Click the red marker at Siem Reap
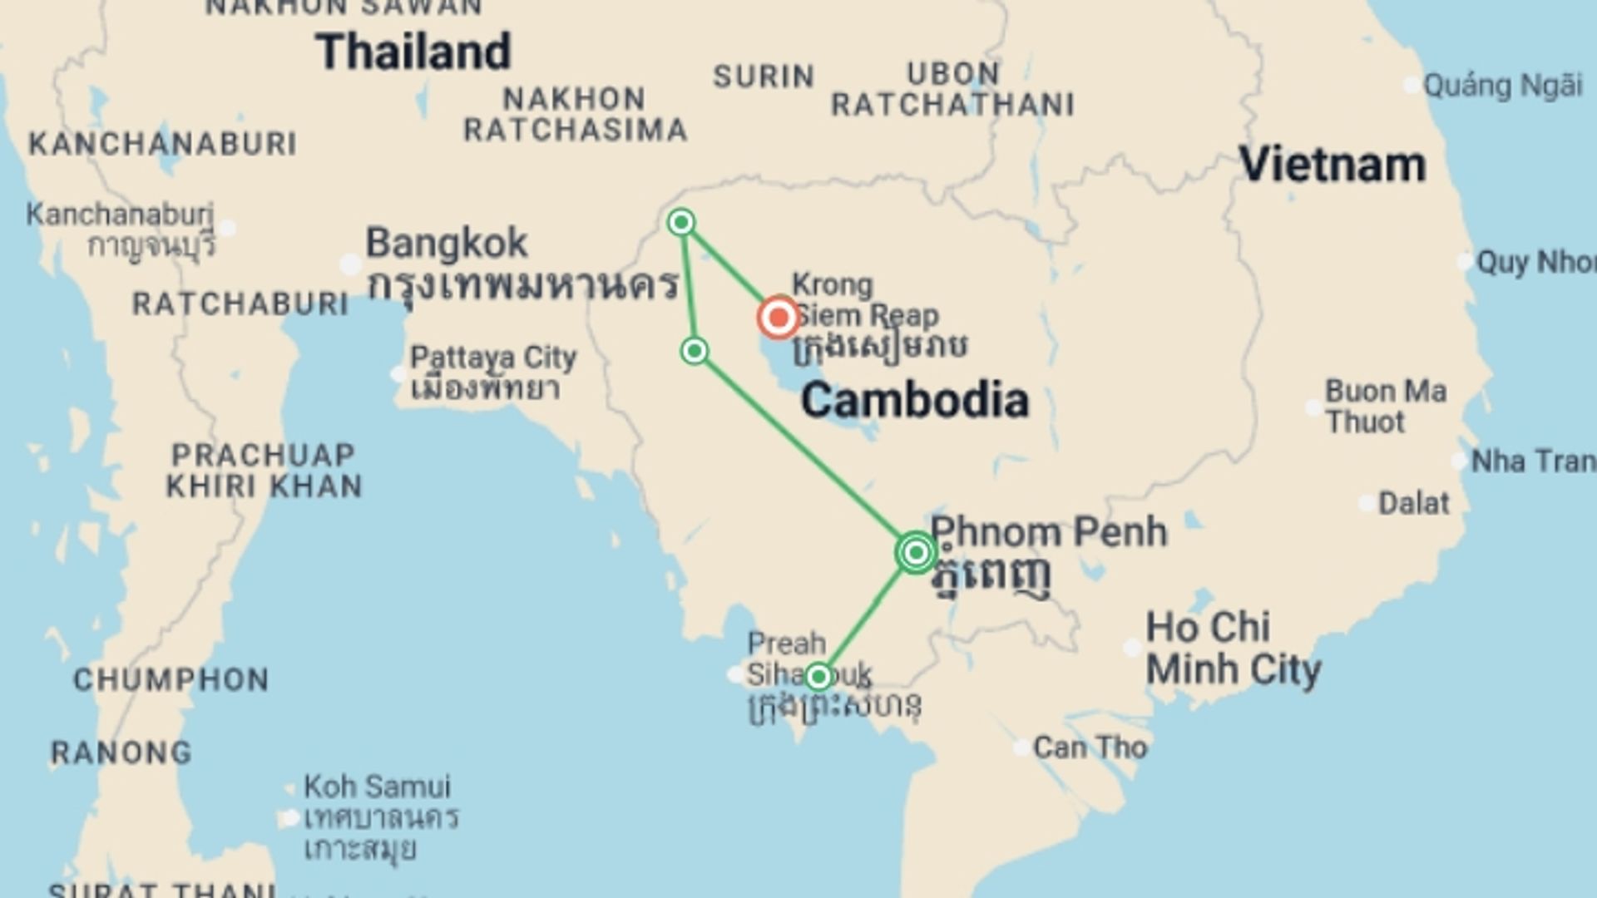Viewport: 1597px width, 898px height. pos(779,317)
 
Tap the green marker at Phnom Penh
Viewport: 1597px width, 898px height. pos(916,552)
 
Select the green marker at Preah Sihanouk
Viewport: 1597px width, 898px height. pos(818,677)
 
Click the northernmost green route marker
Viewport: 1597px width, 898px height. pos(681,222)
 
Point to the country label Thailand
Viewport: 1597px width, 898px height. pos(413,52)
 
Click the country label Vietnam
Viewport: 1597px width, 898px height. pos(1332,164)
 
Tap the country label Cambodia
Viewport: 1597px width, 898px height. pos(915,400)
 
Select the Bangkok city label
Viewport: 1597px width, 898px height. pos(447,244)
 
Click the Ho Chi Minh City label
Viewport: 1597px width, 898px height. pos(1233,649)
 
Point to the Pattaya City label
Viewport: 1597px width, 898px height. pos(493,358)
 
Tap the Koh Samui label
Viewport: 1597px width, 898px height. pos(377,787)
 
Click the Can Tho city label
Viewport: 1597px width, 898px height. pos(1090,748)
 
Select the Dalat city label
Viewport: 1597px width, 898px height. pos(1413,503)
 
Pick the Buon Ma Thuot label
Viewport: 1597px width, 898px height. pos(1385,407)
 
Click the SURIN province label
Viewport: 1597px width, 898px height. pos(764,76)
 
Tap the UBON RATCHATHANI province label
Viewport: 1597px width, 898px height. pos(953,89)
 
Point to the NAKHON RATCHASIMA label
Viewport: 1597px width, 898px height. pos(575,115)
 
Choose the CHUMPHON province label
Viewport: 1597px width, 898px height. pos(171,680)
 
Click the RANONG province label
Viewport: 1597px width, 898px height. pos(121,753)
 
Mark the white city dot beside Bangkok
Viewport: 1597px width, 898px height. pos(350,265)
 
